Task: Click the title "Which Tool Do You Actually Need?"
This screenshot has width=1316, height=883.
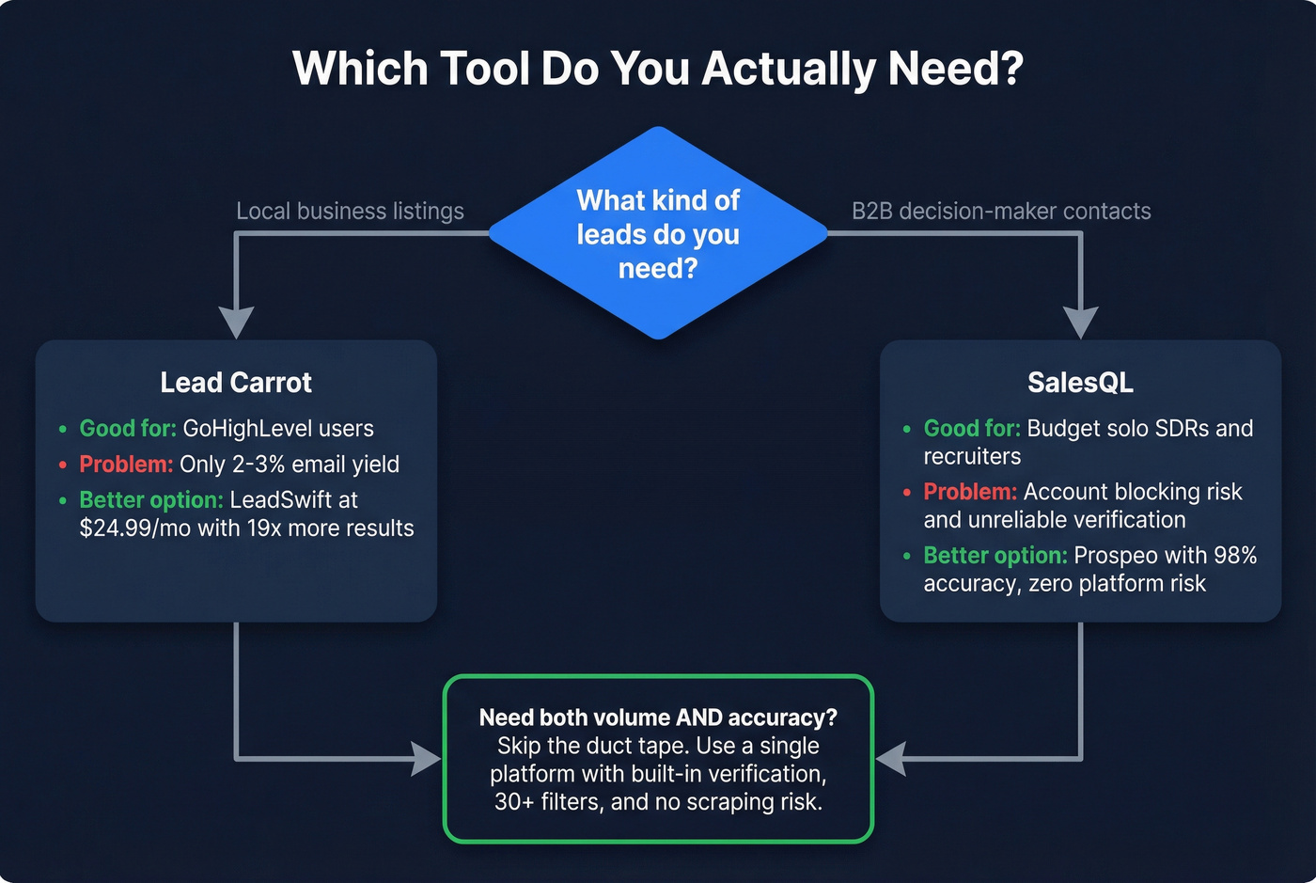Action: pos(657,69)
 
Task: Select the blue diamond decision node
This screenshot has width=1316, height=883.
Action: pos(658,233)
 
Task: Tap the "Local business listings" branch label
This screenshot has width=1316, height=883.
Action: pos(350,211)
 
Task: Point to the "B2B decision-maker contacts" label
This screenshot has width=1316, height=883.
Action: pos(1001,211)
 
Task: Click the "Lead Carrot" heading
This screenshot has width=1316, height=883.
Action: pos(236,383)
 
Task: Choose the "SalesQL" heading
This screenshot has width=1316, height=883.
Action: pos(1080,383)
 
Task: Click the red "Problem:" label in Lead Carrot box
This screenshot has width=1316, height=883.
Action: pos(126,464)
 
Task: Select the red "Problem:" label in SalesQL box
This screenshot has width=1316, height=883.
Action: pos(970,492)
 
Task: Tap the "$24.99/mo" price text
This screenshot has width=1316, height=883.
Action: pos(135,528)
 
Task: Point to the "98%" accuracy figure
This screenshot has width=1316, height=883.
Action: pos(1234,556)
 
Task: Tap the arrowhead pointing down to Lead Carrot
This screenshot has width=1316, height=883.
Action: pos(236,323)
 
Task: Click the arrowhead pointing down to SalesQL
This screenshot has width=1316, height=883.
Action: pos(1080,323)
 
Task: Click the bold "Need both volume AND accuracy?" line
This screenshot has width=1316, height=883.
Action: pos(658,717)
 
